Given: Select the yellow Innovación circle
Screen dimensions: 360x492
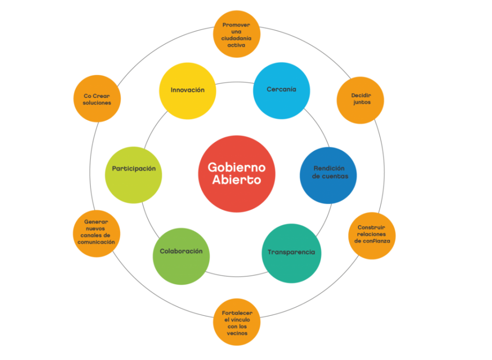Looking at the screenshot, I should [187, 91].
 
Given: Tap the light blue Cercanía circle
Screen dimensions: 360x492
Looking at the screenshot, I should [282, 91].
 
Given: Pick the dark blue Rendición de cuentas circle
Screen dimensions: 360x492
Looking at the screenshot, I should [329, 172].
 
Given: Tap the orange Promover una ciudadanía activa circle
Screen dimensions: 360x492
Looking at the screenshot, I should [236, 34].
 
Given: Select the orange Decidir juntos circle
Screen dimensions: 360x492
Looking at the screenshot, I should [360, 100].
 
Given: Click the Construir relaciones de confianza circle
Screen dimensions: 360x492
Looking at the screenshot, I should [372, 235].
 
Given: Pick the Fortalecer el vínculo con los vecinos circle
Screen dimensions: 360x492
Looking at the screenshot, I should [237, 322].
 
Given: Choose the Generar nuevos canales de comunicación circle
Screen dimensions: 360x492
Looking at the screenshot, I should [97, 233].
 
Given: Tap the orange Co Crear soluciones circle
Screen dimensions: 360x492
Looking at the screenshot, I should [97, 99].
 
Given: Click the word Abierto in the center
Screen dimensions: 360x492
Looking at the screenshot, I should [237, 180].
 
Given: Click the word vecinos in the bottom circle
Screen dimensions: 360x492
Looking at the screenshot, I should [237, 333].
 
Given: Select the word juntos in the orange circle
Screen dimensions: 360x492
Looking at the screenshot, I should [360, 103].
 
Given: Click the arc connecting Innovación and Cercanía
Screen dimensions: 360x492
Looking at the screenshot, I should [234, 82].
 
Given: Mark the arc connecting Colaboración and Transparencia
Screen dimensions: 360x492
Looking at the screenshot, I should [236, 276].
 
